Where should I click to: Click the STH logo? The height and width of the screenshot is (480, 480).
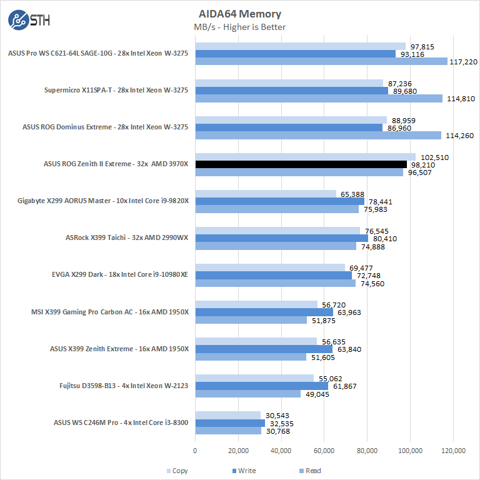29,19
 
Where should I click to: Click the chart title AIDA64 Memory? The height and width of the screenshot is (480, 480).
239,14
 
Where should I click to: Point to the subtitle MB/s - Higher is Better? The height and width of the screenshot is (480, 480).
239,27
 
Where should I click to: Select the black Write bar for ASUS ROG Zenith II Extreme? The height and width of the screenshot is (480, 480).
301,164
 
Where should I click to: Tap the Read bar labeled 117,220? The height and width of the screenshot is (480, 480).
321,61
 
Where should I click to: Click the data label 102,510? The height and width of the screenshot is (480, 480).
432,157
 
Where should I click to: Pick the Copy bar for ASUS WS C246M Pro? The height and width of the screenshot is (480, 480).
227,415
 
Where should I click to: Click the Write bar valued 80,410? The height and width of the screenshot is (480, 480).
281,238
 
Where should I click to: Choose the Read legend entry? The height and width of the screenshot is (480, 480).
310,471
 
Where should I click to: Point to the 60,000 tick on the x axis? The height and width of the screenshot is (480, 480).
324,451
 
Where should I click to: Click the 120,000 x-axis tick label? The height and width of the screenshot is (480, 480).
453,451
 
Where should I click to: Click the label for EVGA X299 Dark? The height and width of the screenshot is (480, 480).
119,275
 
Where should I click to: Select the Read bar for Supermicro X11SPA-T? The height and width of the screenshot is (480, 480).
319,98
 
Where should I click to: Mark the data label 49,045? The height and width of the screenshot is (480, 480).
319,394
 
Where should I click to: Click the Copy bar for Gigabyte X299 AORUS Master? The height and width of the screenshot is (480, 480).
266,194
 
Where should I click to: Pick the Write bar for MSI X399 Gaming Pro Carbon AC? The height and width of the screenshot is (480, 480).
264,312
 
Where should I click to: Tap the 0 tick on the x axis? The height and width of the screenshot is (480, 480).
195,451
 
